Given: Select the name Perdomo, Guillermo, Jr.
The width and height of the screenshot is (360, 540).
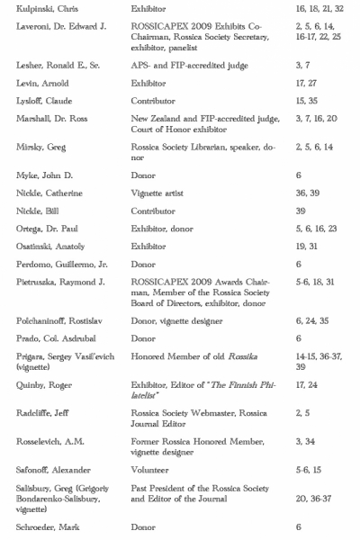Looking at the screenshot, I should (59, 265).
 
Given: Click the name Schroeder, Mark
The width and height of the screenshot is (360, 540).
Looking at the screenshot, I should (47, 527).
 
